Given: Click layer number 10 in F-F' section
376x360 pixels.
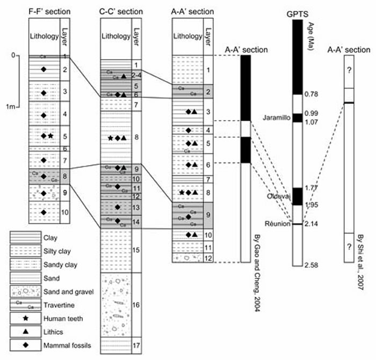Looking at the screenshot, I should [64, 213].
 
